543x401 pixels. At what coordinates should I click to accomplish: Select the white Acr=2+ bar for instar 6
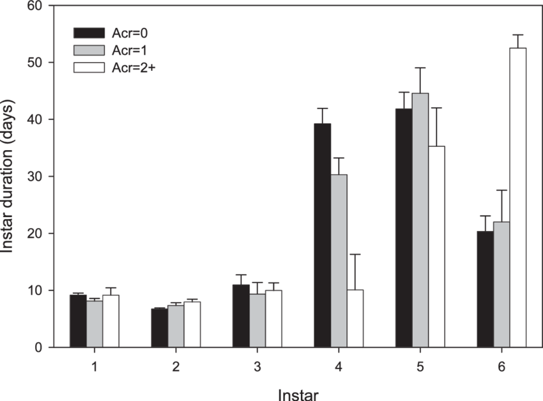pos(517,197)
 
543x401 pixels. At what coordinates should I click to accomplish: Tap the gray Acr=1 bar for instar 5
pos(420,220)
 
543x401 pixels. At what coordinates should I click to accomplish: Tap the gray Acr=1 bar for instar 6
pos(501,284)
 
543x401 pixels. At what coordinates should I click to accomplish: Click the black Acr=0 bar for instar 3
pos(241,315)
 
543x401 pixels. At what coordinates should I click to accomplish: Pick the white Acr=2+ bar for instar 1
pos(111,321)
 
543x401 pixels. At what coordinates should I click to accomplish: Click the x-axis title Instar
pos(298,393)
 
